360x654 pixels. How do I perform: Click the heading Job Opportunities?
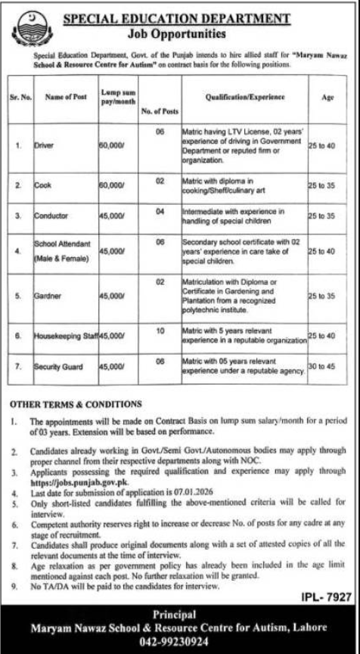pyautogui.click(x=180, y=35)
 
